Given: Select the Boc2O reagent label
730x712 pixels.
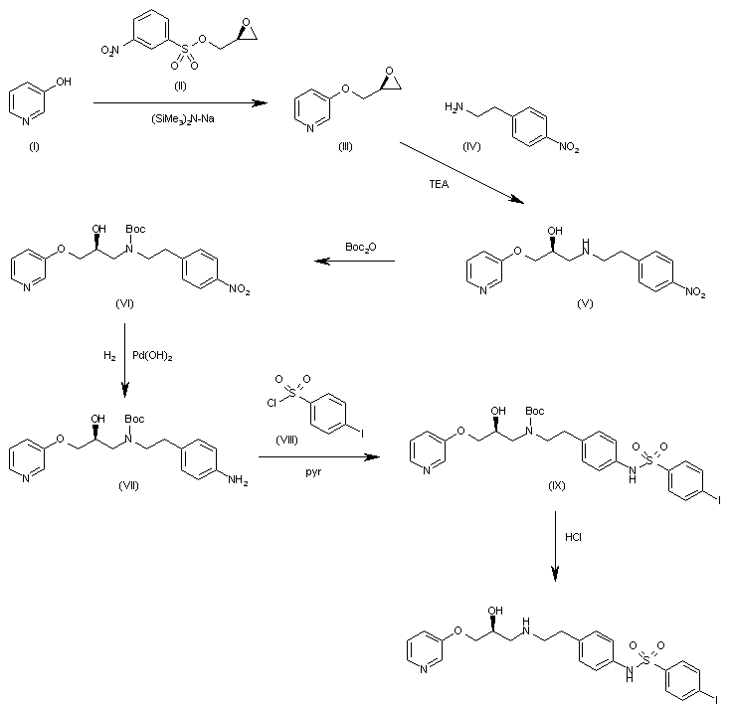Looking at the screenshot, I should [x=360, y=245].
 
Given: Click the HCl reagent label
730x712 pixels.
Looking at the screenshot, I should [x=574, y=538].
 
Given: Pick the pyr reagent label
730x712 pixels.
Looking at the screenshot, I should [x=313, y=475].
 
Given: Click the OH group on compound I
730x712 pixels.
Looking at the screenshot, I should [x=64, y=86].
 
